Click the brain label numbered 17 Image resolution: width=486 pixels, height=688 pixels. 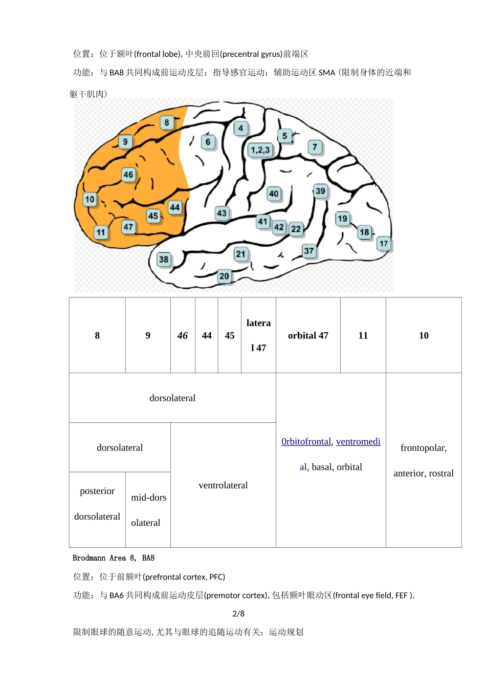[x=384, y=244]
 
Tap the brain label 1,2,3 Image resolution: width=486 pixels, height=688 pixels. [x=260, y=150]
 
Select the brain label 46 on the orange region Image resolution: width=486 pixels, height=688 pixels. [x=128, y=175]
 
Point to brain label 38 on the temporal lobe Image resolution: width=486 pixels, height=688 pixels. [x=164, y=260]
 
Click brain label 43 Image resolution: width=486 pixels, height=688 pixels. [x=222, y=213]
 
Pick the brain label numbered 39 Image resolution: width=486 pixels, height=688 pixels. [x=320, y=191]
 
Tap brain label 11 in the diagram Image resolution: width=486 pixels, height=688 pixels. [x=101, y=232]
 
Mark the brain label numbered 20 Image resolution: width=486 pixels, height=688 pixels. [x=224, y=276]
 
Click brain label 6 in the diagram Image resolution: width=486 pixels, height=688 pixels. [x=208, y=142]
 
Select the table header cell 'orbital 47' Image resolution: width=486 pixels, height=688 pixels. [x=308, y=335]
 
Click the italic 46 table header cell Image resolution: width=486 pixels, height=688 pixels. [x=183, y=335]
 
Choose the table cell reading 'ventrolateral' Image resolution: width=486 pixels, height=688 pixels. [x=223, y=485]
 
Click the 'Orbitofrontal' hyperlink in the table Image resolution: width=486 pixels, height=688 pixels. [x=306, y=441]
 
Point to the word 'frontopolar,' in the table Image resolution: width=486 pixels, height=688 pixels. [x=424, y=448]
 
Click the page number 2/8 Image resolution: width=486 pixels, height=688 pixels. [x=238, y=614]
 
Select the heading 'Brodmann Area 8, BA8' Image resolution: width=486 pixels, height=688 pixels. [x=114, y=558]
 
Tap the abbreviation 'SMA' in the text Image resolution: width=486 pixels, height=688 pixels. [x=327, y=73]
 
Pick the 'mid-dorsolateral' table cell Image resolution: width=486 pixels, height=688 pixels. [x=148, y=510]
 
